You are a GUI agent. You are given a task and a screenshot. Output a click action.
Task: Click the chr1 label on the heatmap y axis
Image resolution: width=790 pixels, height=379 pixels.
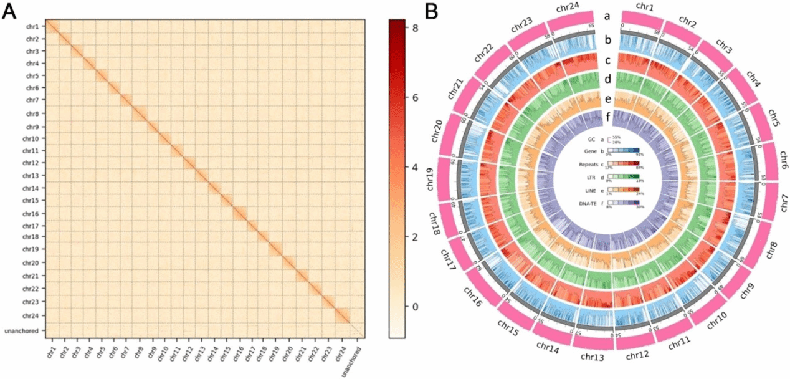coord(32,27)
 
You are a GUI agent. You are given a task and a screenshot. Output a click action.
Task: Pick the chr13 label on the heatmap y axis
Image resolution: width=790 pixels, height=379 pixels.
coord(31,176)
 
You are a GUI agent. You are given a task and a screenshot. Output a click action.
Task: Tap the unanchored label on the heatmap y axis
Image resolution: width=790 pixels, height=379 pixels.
coord(24,330)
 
